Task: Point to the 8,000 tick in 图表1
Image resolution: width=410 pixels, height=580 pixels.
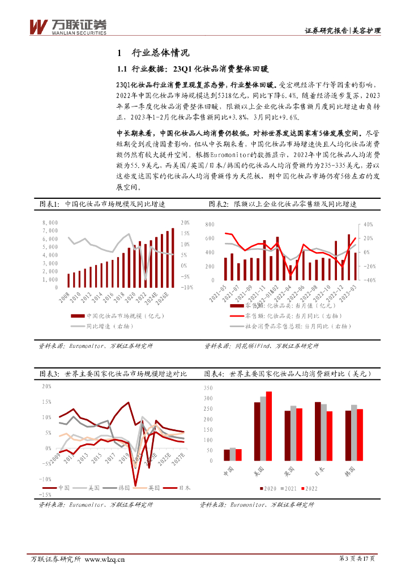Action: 50,223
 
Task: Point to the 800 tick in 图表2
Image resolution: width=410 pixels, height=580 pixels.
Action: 209,225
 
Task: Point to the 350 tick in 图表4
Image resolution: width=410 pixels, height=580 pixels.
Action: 207,388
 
